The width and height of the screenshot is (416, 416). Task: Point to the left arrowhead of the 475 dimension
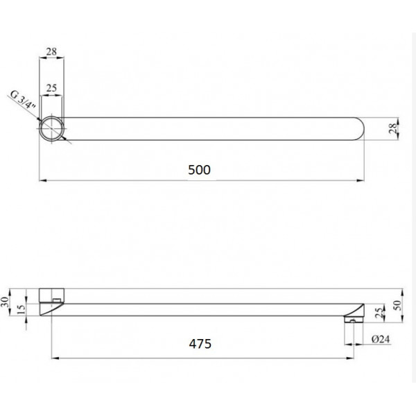(54, 358)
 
